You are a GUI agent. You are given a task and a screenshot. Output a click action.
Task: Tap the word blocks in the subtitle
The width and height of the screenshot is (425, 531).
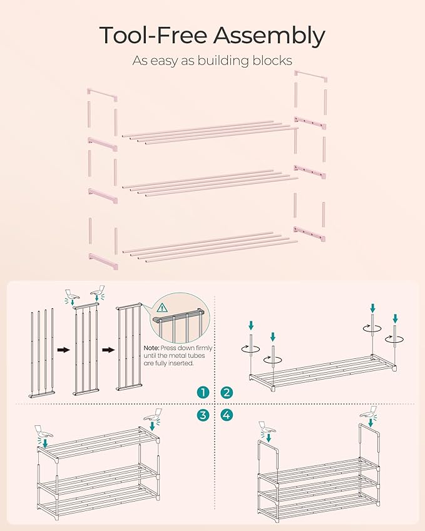pos(273,61)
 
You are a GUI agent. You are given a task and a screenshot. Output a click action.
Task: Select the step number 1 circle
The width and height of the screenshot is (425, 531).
pos(202,392)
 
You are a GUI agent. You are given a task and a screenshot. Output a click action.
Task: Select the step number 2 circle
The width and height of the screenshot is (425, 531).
pos(227,392)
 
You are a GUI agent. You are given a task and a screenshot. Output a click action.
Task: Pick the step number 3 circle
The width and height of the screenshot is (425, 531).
pos(202,414)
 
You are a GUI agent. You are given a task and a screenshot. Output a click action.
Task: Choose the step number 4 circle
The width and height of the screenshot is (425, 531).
pos(227,414)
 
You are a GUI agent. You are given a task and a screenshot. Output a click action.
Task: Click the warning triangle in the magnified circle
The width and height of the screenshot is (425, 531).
pos(162,307)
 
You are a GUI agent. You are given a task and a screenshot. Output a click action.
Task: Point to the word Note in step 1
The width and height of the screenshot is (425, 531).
pos(151,348)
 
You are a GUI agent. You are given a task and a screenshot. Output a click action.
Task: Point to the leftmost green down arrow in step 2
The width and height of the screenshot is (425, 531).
pos(251,325)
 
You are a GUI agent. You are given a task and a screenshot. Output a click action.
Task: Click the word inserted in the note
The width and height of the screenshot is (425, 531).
pos(184,363)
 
